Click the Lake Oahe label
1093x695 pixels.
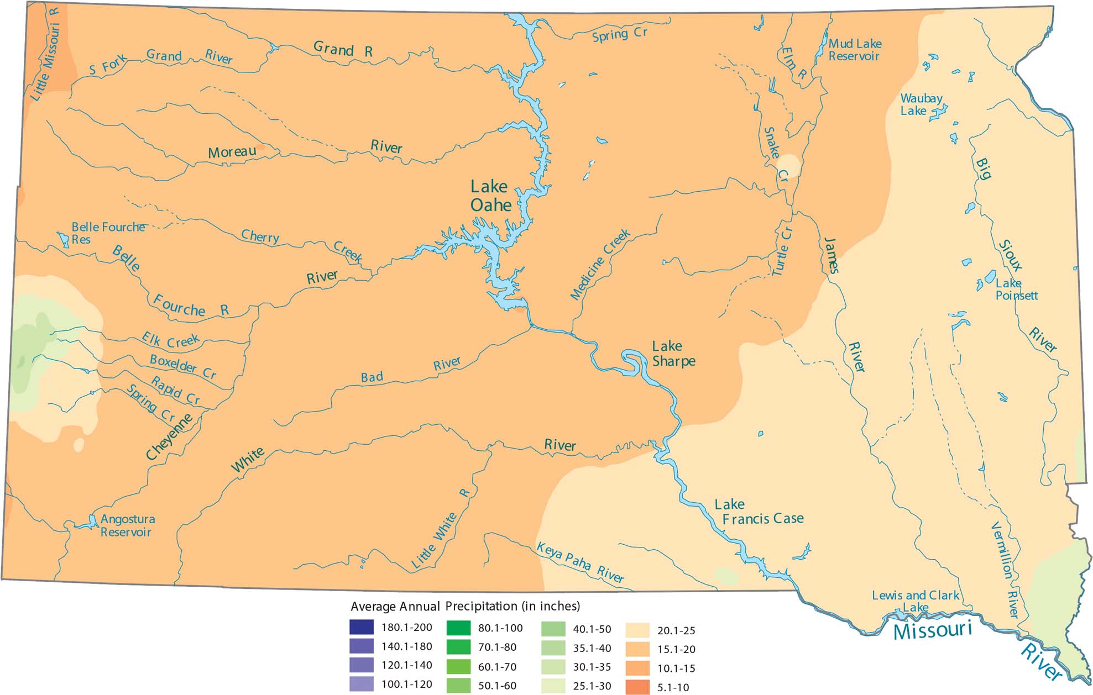490,196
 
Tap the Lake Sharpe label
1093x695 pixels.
673,354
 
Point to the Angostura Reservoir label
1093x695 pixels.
127,525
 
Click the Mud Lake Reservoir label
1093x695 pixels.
855,50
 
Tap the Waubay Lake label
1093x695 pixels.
921,104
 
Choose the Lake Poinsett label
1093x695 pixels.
1016,289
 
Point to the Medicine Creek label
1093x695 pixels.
600,265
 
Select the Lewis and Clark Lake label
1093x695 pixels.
915,601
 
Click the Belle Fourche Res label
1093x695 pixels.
108,233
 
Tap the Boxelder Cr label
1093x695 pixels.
182,366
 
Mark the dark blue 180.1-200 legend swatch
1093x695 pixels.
361,628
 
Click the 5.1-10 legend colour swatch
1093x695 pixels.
637,687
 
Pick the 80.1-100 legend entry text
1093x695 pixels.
500,628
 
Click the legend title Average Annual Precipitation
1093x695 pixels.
465,606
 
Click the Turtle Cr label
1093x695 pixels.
782,251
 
